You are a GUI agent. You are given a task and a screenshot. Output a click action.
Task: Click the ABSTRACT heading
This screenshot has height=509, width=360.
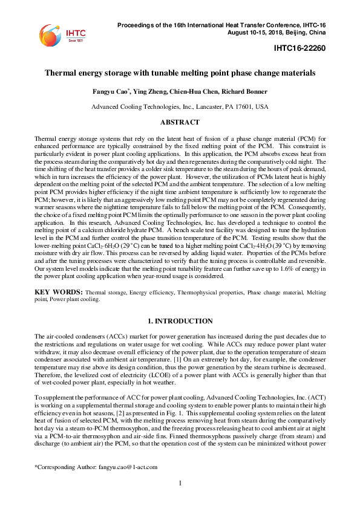pos(180,122)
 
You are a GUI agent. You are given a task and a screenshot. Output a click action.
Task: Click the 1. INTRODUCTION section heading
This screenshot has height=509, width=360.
pos(180,320)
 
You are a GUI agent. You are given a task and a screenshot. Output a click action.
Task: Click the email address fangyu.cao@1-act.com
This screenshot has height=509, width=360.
pos(132,484)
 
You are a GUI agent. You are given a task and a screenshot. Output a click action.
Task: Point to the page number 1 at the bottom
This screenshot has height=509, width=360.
pos(180,499)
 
